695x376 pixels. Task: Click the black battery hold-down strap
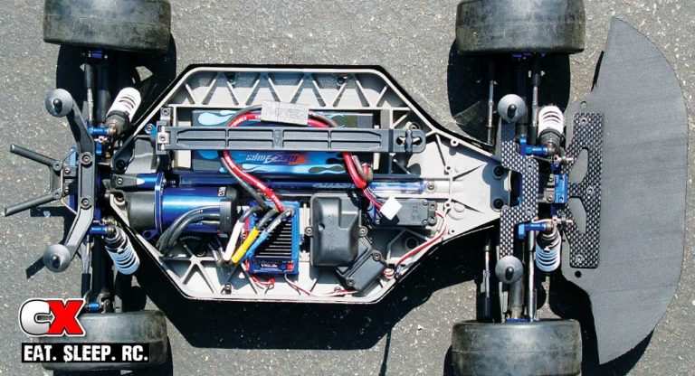pos(290,138)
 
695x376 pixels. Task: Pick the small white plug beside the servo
pos(390,208)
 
